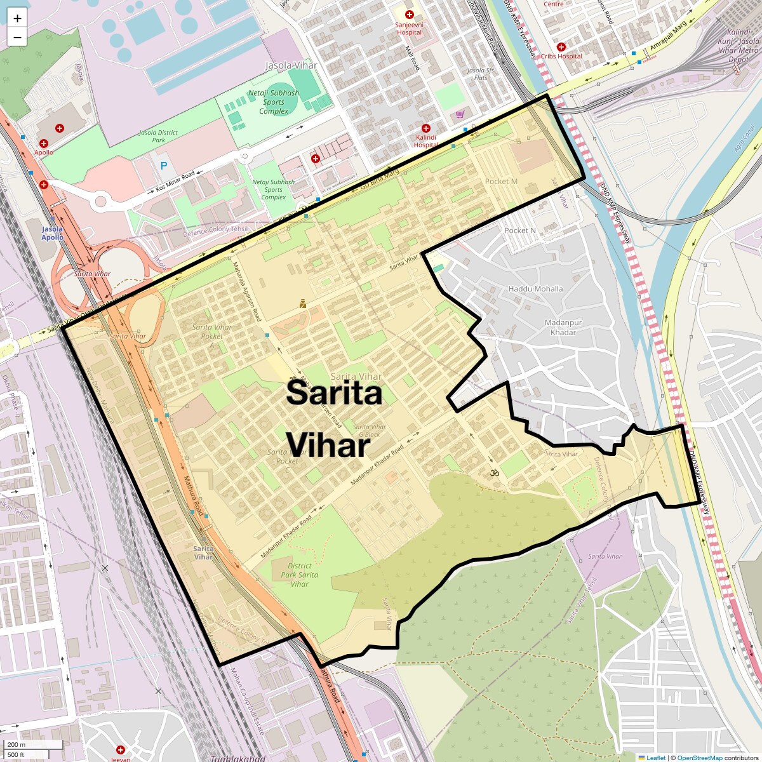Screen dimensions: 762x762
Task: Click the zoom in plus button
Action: click(x=17, y=18)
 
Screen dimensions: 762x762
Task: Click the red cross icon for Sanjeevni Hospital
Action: click(x=410, y=15)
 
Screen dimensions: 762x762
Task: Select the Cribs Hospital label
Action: click(x=561, y=57)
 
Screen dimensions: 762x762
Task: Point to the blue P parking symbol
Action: click(x=164, y=166)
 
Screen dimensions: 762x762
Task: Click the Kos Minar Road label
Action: click(x=175, y=182)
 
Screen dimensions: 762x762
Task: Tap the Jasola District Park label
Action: click(x=159, y=136)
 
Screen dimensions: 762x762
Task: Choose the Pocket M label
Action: click(x=501, y=182)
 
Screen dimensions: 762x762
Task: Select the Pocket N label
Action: click(x=520, y=231)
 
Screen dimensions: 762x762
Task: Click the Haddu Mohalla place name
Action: click(x=535, y=289)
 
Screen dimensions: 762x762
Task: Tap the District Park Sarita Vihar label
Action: click(x=299, y=575)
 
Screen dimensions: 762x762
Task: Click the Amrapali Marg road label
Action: click(x=668, y=37)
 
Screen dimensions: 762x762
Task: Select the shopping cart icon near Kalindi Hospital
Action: click(x=460, y=114)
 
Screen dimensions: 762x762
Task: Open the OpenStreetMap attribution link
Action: click(x=699, y=758)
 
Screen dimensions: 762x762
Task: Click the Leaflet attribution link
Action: click(x=655, y=758)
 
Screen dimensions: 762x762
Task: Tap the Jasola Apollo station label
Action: click(x=53, y=233)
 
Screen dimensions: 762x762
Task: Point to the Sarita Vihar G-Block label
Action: click(x=369, y=431)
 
